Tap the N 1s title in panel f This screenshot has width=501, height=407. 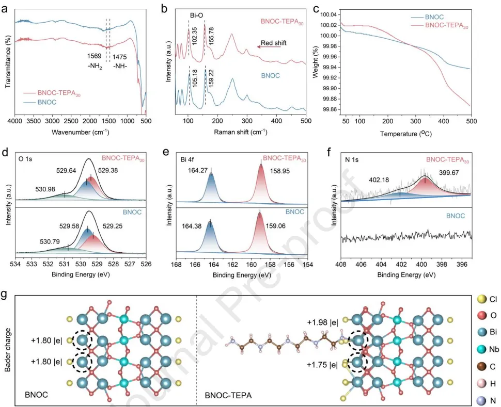pyautogui.click(x=352, y=154)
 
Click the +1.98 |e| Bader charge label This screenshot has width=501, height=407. pyautogui.click(x=323, y=323)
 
